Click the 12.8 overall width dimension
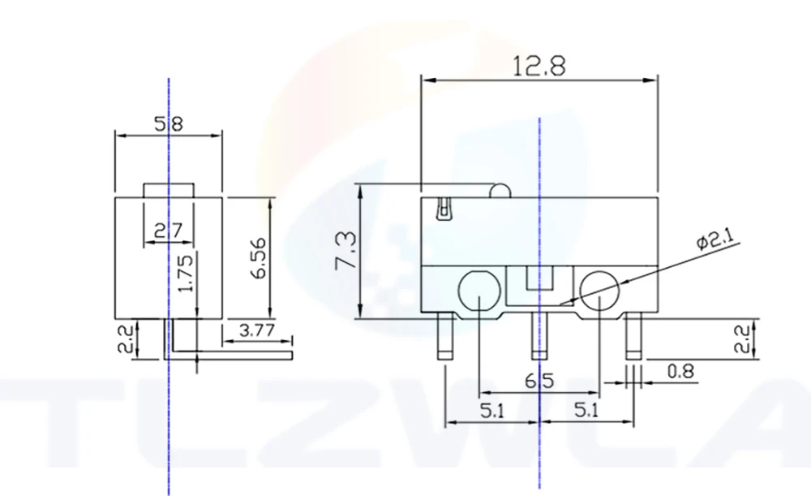[x=539, y=67]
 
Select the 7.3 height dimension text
[x=346, y=251]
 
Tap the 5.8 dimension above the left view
[x=169, y=124]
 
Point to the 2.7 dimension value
[x=169, y=230]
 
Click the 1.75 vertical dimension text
[x=187, y=272]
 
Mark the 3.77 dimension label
[x=256, y=330]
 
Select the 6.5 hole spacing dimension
[x=539, y=382]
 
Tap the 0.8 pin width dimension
[x=680, y=371]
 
